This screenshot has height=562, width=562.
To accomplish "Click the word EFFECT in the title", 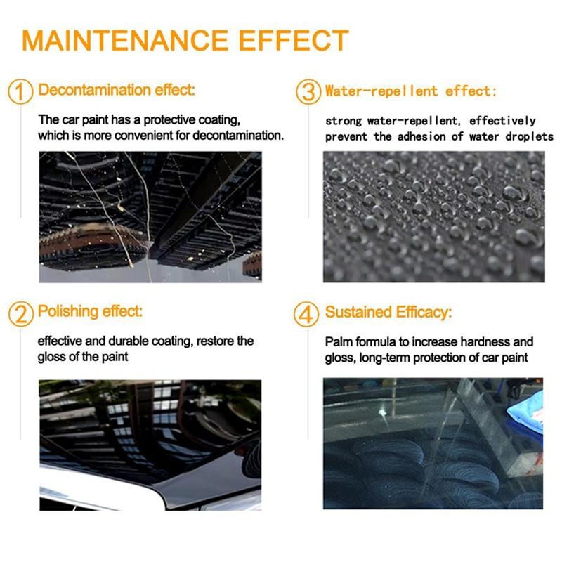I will pos(295,40).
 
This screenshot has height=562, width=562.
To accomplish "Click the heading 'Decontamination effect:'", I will pos(117,90).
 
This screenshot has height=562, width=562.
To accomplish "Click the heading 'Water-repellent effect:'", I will pos(411,91).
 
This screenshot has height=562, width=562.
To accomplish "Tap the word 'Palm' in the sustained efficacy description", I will pos(338,342).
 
